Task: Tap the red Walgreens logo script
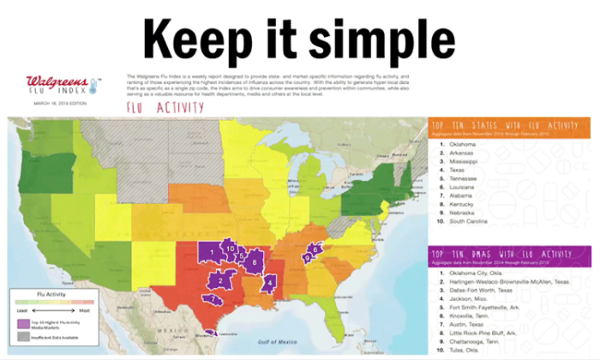56,81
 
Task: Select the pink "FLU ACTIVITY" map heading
165,108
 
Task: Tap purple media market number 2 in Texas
221,280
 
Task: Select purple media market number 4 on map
269,281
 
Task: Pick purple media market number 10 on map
230,248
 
